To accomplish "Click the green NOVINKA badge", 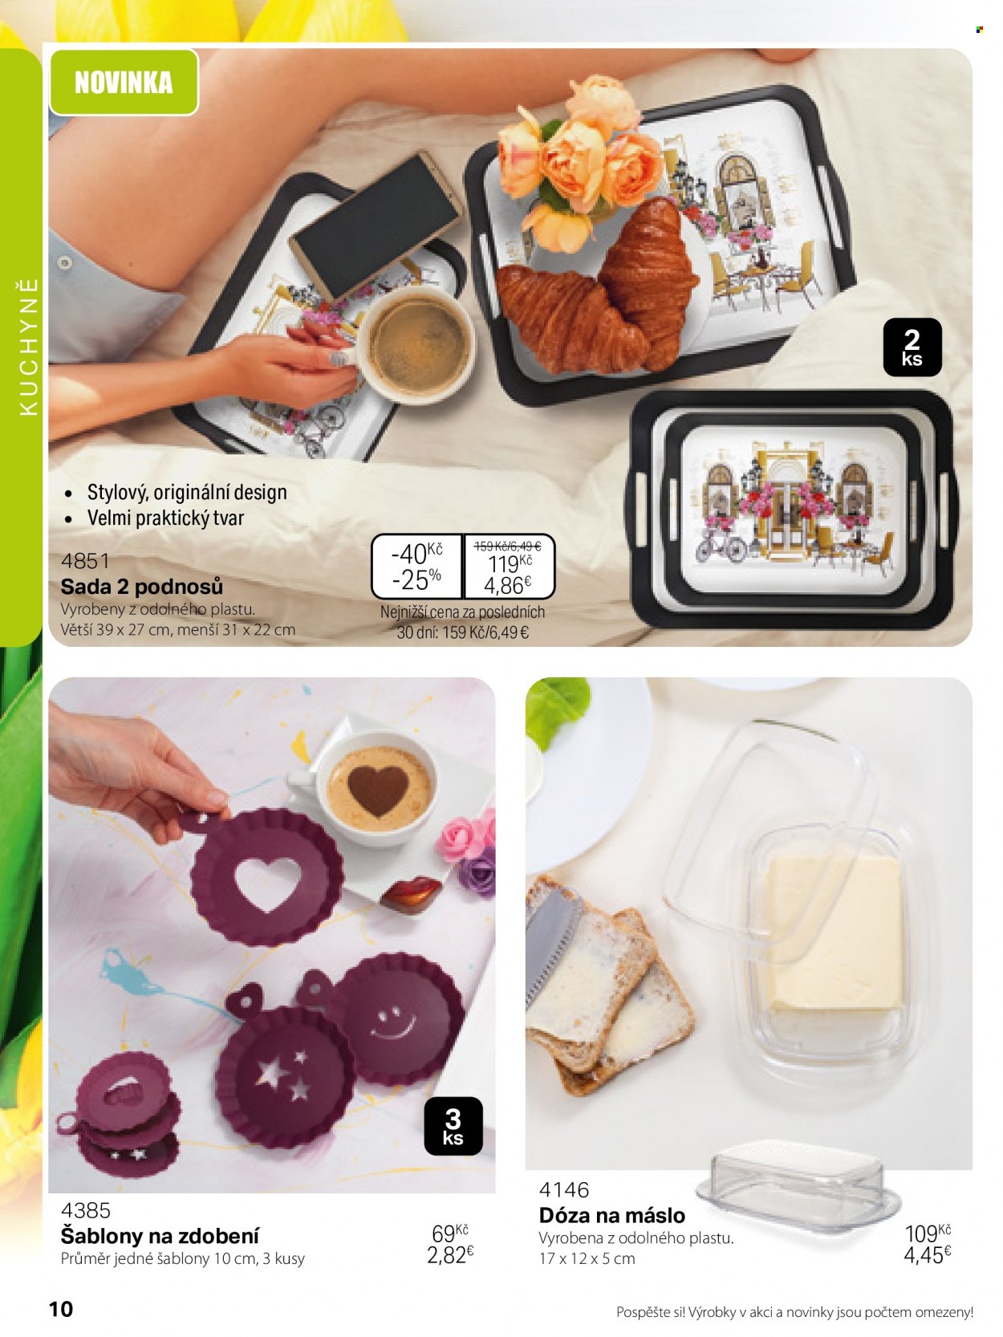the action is coord(124,82).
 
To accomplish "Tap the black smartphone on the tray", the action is coord(376,226).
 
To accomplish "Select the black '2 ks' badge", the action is coord(912,347).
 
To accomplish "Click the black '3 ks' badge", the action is coord(453,1126).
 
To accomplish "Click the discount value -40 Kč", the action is coord(417,553).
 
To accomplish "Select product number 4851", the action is coord(85,560).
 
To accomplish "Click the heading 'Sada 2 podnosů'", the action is coord(142,586).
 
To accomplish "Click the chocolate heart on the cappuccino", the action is coord(378,789).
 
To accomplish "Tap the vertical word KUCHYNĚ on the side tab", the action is coord(29,347).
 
